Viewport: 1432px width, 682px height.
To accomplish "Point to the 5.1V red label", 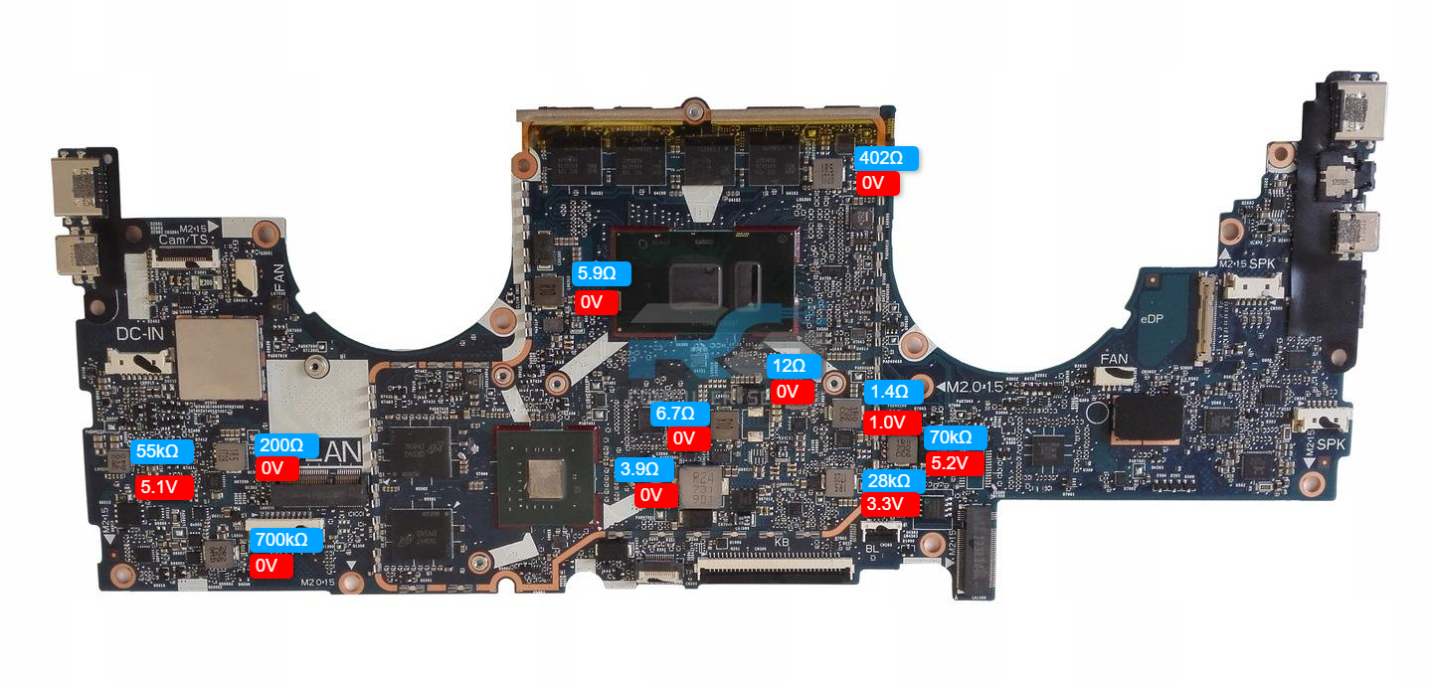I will pyautogui.click(x=159, y=488).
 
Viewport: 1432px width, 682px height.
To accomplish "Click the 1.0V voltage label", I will pyautogui.click(x=888, y=422).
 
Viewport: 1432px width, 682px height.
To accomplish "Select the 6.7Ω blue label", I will pyautogui.click(x=679, y=413).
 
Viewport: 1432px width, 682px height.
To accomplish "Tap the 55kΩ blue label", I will pyautogui.click(x=157, y=451).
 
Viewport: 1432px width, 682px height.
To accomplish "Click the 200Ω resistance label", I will pyautogui.click(x=280, y=444).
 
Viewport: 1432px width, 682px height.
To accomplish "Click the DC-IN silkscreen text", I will pyautogui.click(x=140, y=335).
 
